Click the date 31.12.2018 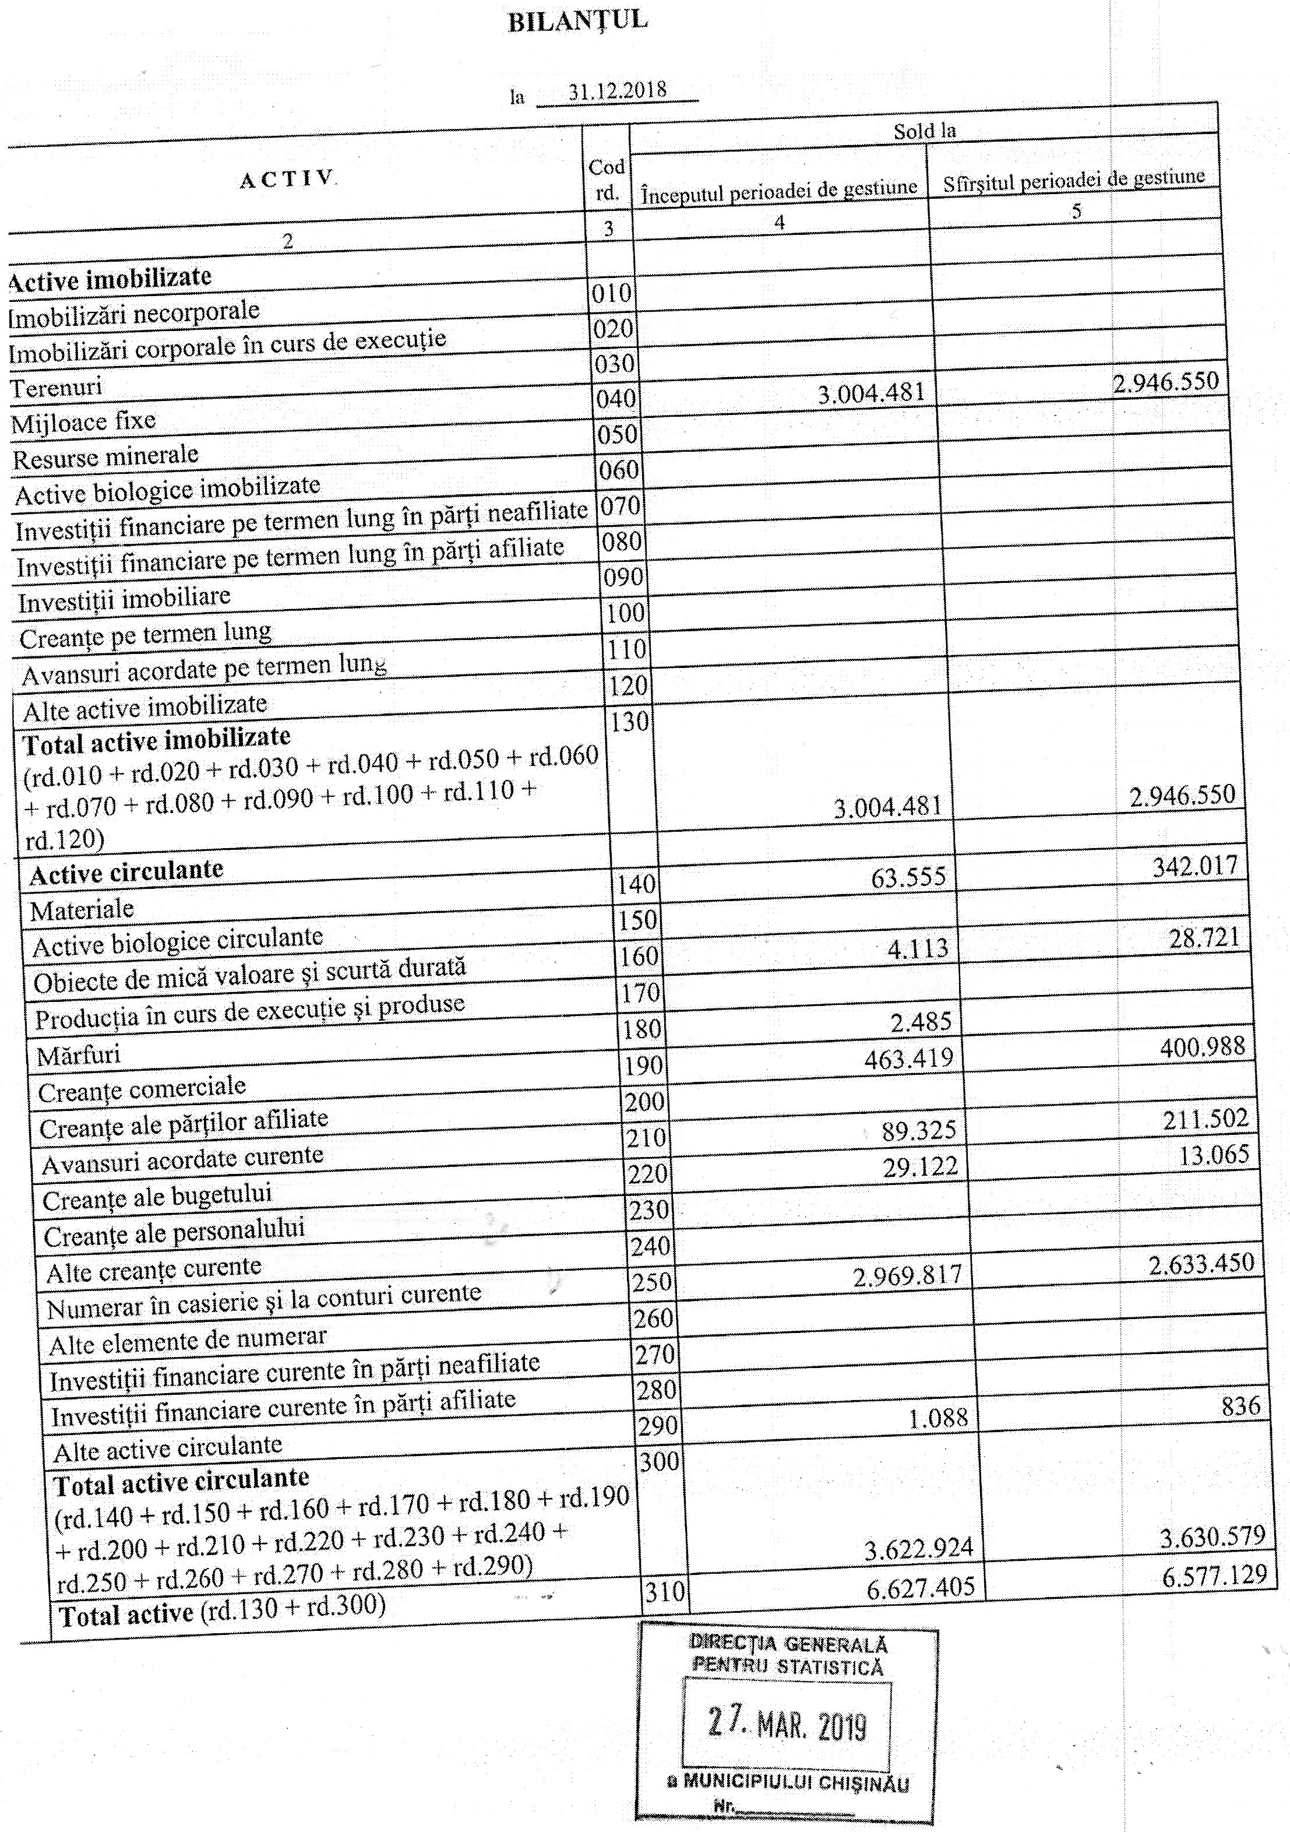pyautogui.click(x=618, y=90)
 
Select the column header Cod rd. pyautogui.click(x=607, y=180)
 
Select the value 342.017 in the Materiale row pyautogui.click(x=1194, y=867)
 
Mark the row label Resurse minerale pyautogui.click(x=105, y=457)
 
